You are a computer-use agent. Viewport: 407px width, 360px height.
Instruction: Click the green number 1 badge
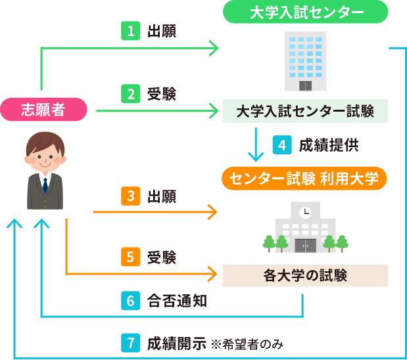point(130,30)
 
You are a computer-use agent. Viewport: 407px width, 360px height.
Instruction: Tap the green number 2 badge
point(130,94)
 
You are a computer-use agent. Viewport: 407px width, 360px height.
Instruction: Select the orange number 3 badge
point(130,196)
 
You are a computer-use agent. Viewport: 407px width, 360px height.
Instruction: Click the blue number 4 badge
point(281,145)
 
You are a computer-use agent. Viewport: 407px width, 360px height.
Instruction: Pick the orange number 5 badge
point(130,256)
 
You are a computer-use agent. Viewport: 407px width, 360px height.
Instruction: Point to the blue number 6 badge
point(130,301)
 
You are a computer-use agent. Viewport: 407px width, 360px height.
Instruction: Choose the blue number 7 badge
point(130,343)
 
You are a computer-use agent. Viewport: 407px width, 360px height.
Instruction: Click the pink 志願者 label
point(43,110)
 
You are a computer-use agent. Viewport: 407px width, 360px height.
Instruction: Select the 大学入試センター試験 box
point(304,111)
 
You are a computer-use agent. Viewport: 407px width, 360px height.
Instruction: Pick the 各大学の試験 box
point(304,275)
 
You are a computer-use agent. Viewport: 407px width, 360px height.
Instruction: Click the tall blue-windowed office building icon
point(304,62)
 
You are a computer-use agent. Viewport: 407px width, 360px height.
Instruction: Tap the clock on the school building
point(304,212)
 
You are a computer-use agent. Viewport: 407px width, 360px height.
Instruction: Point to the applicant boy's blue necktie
point(45,184)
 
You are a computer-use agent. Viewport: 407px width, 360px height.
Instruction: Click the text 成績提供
point(329,145)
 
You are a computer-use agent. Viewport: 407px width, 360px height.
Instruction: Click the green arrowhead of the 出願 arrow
point(214,47)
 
